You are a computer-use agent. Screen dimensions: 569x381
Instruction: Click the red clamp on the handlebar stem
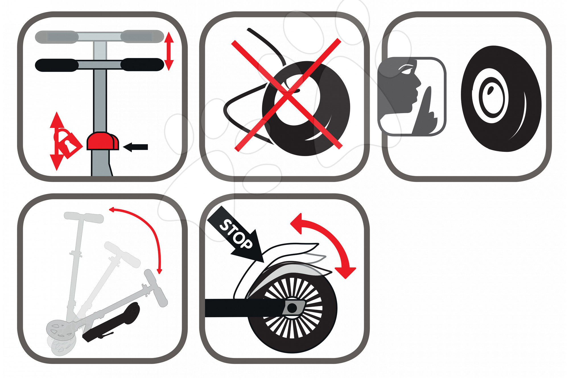pyautogui.click(x=102, y=141)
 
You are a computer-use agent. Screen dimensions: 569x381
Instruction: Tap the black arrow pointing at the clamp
pyautogui.click(x=135, y=147)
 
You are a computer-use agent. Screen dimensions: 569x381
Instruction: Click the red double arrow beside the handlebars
pyautogui.click(x=169, y=51)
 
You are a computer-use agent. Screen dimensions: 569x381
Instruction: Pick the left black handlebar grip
pyautogui.click(x=56, y=65)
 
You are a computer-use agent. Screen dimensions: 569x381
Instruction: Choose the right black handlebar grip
pyautogui.click(x=143, y=65)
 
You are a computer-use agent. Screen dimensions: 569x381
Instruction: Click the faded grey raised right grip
pyautogui.click(x=143, y=36)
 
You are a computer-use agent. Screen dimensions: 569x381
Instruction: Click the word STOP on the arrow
pyautogui.click(x=236, y=234)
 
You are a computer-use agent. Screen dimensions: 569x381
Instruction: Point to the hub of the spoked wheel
pyautogui.click(x=292, y=308)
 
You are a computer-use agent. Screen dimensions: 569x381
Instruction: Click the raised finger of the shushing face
pyautogui.click(x=425, y=111)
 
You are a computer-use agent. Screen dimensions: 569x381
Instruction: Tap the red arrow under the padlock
pyautogui.click(x=57, y=162)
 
